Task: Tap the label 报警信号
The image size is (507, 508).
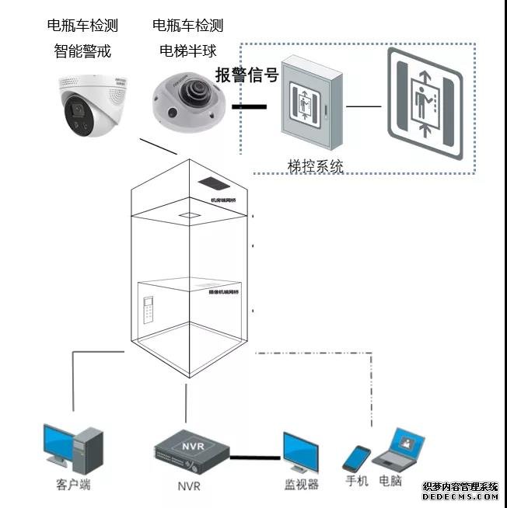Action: [247, 75]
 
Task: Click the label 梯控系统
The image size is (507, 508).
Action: [315, 166]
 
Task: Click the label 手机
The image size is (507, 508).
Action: [357, 481]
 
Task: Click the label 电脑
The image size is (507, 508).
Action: [390, 481]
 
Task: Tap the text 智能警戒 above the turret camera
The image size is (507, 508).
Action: [82, 51]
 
